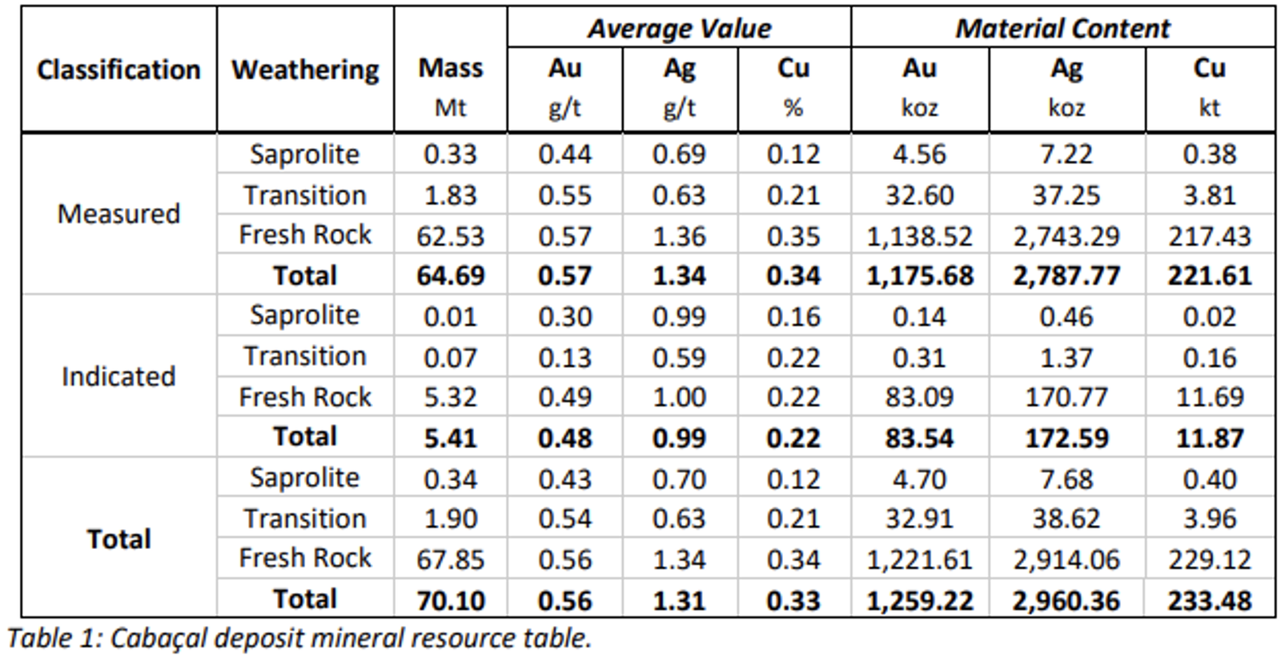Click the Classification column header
pos(118,70)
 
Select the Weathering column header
pos(305,70)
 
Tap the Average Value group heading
pos(679,28)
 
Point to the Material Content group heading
pos(1062,28)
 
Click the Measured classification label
pos(118,214)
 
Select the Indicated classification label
pos(118,376)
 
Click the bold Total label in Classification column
pos(118,539)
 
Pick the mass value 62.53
pos(450,236)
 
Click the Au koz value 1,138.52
pos(919,236)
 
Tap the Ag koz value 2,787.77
pos(1066,276)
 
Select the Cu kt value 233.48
pos(1209,600)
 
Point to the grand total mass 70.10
pos(450,600)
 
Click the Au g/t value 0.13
pos(564,358)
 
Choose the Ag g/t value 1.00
pos(679,398)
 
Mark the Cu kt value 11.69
pos(1209,398)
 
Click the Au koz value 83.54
pos(919,438)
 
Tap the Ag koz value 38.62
pos(1066,519)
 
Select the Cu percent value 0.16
pos(793,317)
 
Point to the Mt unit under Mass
pos(450,107)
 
